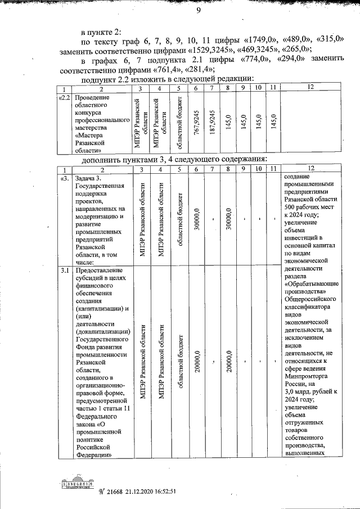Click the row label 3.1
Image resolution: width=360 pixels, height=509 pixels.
(65, 271)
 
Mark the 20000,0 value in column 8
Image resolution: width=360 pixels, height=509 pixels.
(228, 360)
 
